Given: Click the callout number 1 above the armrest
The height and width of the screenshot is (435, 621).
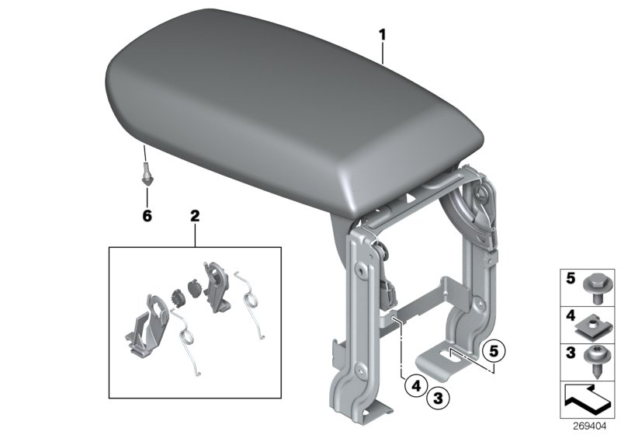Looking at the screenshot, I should click(382, 34).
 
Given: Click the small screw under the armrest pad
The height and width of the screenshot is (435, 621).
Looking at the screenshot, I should click(145, 169).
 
